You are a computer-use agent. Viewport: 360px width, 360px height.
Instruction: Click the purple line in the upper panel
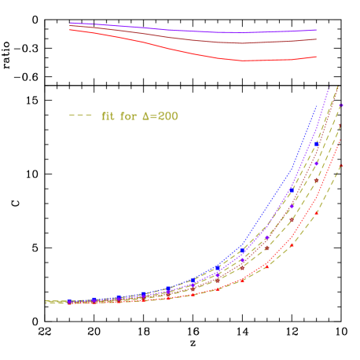click(x=197, y=31)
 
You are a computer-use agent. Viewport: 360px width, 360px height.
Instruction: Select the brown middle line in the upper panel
click(x=197, y=39)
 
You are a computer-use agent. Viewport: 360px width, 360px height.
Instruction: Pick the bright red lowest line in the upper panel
click(x=197, y=52)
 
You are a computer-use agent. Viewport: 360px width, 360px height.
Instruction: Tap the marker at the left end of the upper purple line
click(x=72, y=24)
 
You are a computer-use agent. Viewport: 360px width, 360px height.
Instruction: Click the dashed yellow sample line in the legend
click(x=80, y=116)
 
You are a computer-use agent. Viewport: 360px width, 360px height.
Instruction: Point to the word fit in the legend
click(x=108, y=116)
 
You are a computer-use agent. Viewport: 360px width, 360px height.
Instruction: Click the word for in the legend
click(x=127, y=116)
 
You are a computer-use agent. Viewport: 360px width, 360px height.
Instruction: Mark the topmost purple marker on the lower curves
click(x=340, y=105)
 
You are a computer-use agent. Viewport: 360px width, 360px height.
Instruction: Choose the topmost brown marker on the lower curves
click(x=340, y=126)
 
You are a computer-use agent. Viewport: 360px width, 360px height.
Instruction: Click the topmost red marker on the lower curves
click(x=340, y=165)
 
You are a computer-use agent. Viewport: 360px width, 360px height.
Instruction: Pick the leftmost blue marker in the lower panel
click(x=70, y=301)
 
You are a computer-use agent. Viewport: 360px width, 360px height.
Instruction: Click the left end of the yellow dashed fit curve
click(x=47, y=300)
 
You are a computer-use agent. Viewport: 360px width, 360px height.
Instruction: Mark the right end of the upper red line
click(x=316, y=57)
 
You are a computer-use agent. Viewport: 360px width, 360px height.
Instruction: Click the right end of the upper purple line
click(x=316, y=31)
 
